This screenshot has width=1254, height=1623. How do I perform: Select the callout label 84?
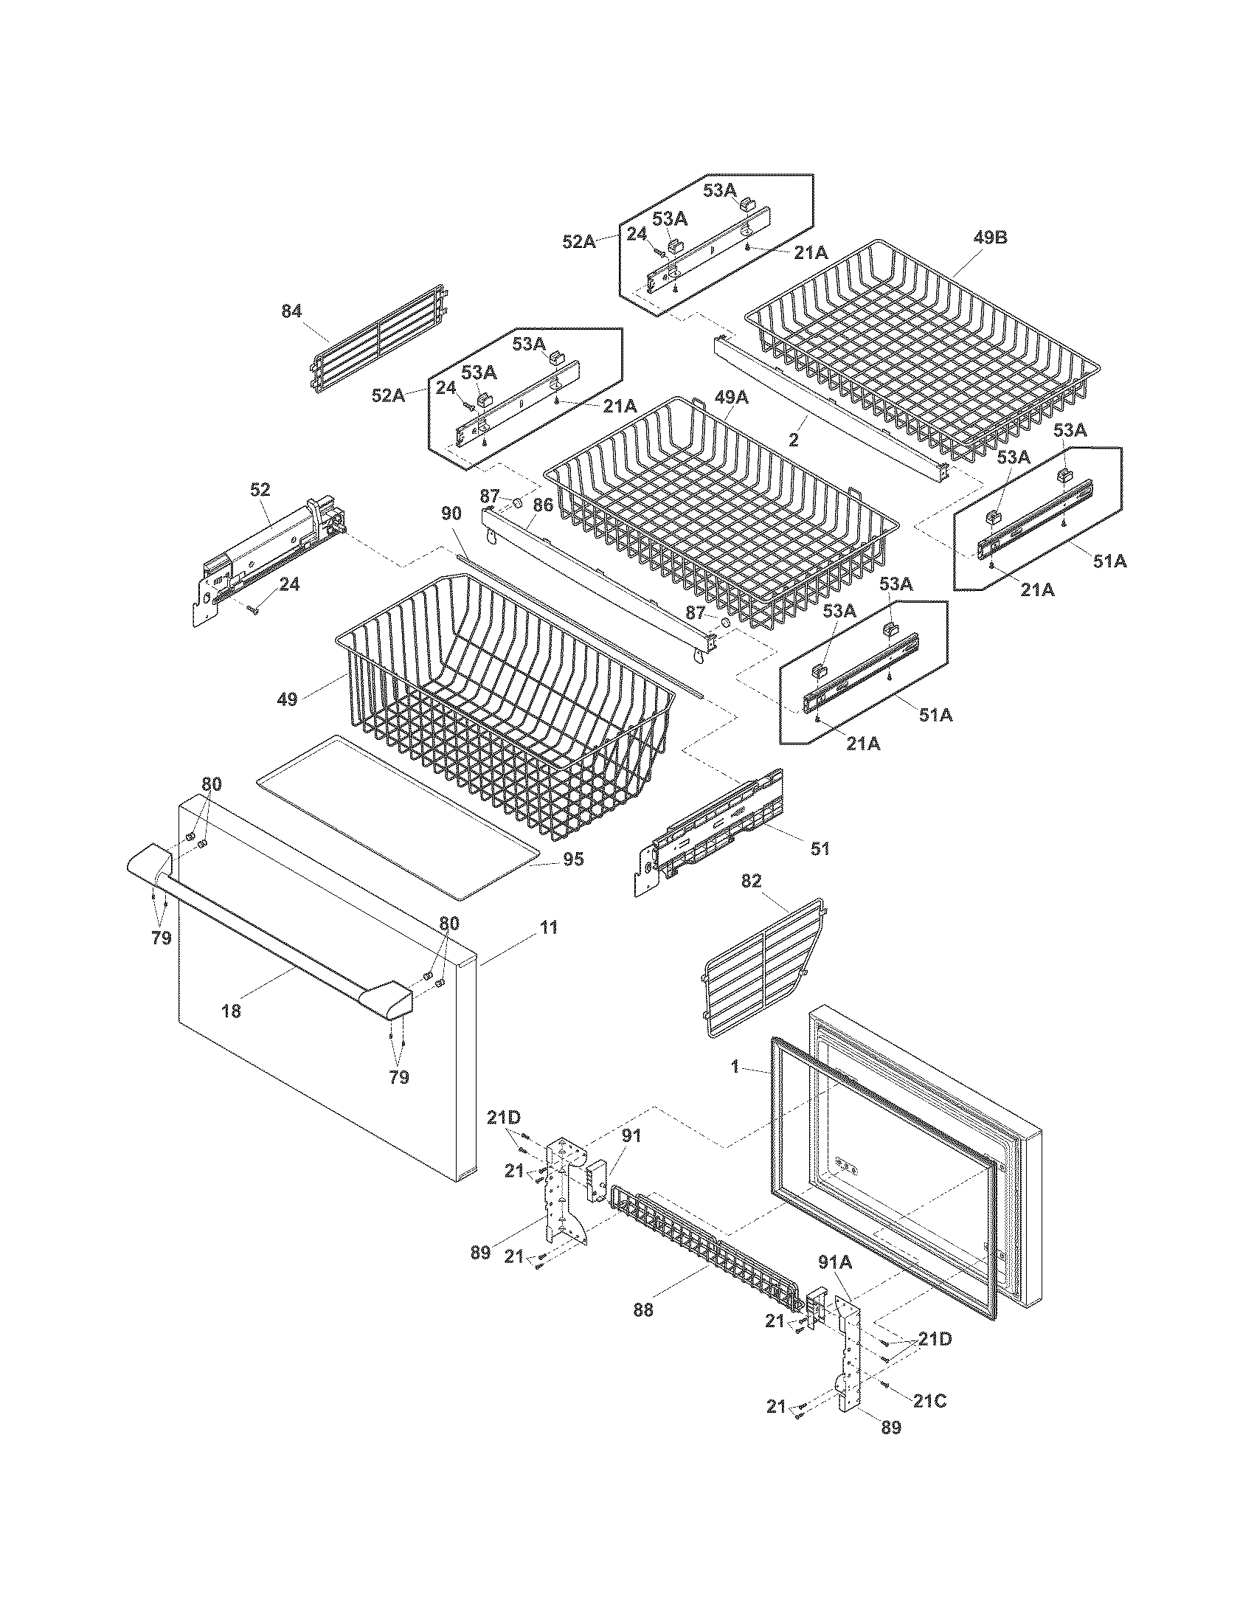[x=291, y=311]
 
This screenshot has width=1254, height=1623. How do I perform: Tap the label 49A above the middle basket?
[x=731, y=398]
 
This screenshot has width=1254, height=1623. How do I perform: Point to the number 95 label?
[x=572, y=859]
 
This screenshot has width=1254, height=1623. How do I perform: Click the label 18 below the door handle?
[x=231, y=1011]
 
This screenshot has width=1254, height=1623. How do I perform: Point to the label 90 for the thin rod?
[x=451, y=513]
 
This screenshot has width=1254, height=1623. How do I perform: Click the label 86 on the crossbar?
[x=543, y=505]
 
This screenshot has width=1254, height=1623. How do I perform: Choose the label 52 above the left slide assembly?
[x=260, y=489]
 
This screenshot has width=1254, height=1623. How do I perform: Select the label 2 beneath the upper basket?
[x=794, y=440]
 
